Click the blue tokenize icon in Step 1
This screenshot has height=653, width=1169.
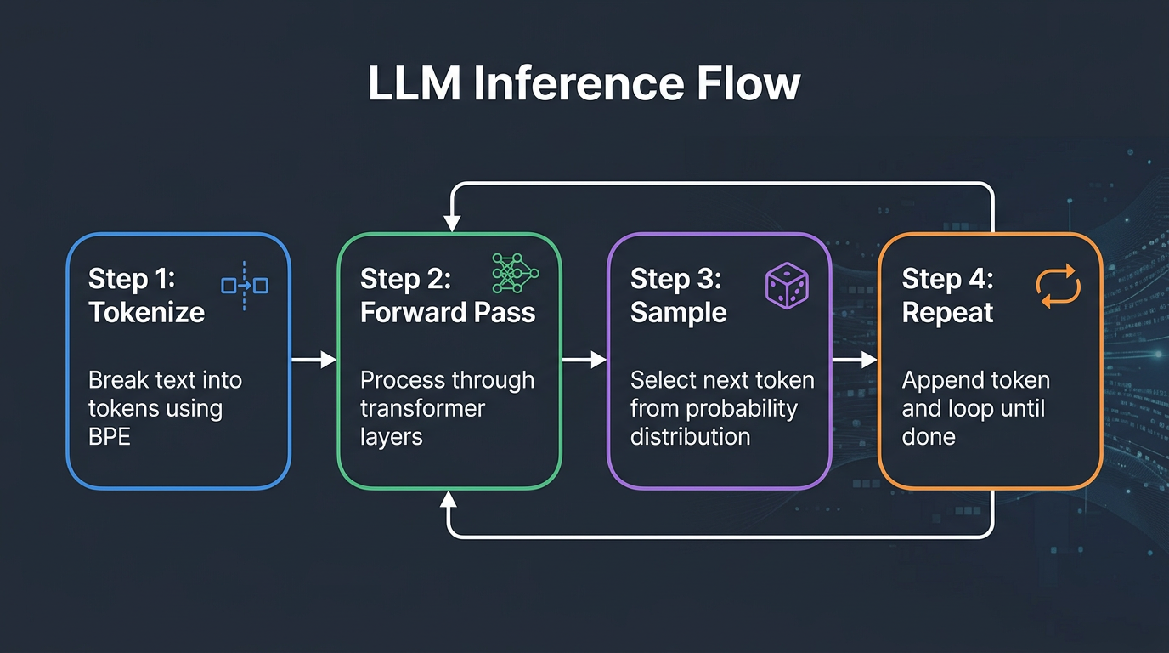(245, 286)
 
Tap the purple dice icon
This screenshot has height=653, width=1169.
(787, 284)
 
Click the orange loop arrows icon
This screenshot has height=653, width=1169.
(1059, 286)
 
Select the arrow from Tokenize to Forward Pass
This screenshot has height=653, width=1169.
(313, 361)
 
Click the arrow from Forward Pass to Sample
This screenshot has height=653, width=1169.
(584, 361)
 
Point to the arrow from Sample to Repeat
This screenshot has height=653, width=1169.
(854, 361)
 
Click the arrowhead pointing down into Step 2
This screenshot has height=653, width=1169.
(452, 223)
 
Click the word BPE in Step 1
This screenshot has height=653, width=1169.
(110, 437)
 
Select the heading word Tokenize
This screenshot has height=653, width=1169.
(147, 312)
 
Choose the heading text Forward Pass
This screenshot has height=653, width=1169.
(448, 312)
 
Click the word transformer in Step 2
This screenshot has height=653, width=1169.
(422, 409)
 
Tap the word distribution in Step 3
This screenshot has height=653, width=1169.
(690, 437)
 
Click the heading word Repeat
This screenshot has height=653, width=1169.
(947, 312)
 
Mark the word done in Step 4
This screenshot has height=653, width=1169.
(929, 437)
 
